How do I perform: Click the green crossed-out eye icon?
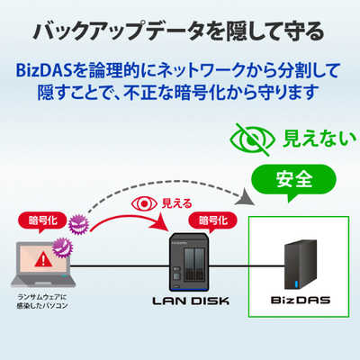pos(252,139)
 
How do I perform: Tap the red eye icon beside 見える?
pos(144,204)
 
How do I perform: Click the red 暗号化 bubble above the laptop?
pos(42,222)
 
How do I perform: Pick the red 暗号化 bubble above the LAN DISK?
pos(212,222)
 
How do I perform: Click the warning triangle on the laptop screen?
pos(44,259)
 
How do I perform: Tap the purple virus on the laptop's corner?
pos(62,247)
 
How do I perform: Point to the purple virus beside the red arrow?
pos(79,224)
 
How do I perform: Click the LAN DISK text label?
pos(191,301)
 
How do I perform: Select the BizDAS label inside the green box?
pos(301,300)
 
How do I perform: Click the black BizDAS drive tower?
pos(301,265)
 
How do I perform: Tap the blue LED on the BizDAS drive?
pos(297,284)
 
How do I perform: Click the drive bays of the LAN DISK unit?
pos(193,265)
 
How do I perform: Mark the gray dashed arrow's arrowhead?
pos(245,197)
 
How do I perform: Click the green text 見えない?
pos(319,139)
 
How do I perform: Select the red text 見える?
pos(176,204)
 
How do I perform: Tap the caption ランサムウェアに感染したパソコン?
pos(42,301)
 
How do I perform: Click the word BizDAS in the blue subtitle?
pos(45,71)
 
